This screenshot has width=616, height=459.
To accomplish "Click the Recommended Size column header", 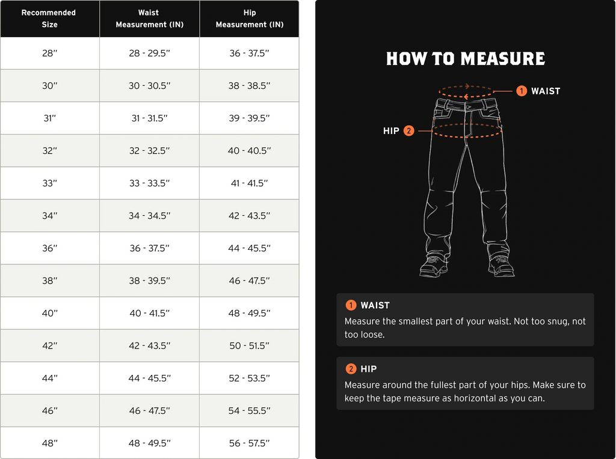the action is click(49, 18).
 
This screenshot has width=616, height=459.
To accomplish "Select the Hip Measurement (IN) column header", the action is click(249, 18).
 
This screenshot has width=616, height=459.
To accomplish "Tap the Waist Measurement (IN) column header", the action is click(149, 18).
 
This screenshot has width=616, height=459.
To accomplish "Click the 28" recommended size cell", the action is click(49, 53).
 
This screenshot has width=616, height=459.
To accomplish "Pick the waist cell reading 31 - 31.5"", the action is click(149, 118).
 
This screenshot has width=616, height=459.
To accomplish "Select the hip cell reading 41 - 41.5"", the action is click(249, 183).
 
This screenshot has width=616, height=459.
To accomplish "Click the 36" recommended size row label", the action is click(49, 248).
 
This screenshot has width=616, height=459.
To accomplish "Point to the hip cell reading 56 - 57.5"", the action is click(249, 443).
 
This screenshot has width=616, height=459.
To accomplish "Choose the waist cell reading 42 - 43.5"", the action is click(149, 345).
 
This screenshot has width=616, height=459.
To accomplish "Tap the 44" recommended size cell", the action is click(49, 378).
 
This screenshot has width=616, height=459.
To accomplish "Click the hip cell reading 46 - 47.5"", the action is click(249, 281).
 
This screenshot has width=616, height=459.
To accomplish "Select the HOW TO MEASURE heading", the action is click(465, 59).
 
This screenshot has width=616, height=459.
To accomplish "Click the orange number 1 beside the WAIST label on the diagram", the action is click(522, 91).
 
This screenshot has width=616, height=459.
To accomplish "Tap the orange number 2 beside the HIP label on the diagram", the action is click(408, 130).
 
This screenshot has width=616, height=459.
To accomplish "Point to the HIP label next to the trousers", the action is click(391, 130).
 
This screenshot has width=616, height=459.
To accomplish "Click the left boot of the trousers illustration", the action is click(433, 266).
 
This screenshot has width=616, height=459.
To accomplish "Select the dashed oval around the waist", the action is click(466, 91).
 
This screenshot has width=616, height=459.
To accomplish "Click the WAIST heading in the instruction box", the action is click(375, 305).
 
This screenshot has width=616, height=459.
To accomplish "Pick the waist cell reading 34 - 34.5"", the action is click(149, 216).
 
